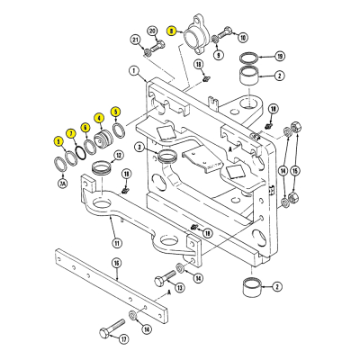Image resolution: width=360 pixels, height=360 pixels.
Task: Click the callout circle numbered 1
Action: tap(132, 69)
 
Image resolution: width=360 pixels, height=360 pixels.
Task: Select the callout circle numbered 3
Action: tap(140, 147)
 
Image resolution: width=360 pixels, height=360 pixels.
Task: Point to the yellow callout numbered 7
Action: tap(71, 133)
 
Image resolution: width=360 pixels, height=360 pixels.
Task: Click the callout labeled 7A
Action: tap(62, 183)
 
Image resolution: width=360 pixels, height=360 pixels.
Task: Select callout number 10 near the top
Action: tap(242, 38)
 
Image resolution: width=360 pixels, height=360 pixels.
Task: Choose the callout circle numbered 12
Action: tap(119, 155)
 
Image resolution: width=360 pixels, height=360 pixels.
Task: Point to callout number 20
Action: tap(152, 31)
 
